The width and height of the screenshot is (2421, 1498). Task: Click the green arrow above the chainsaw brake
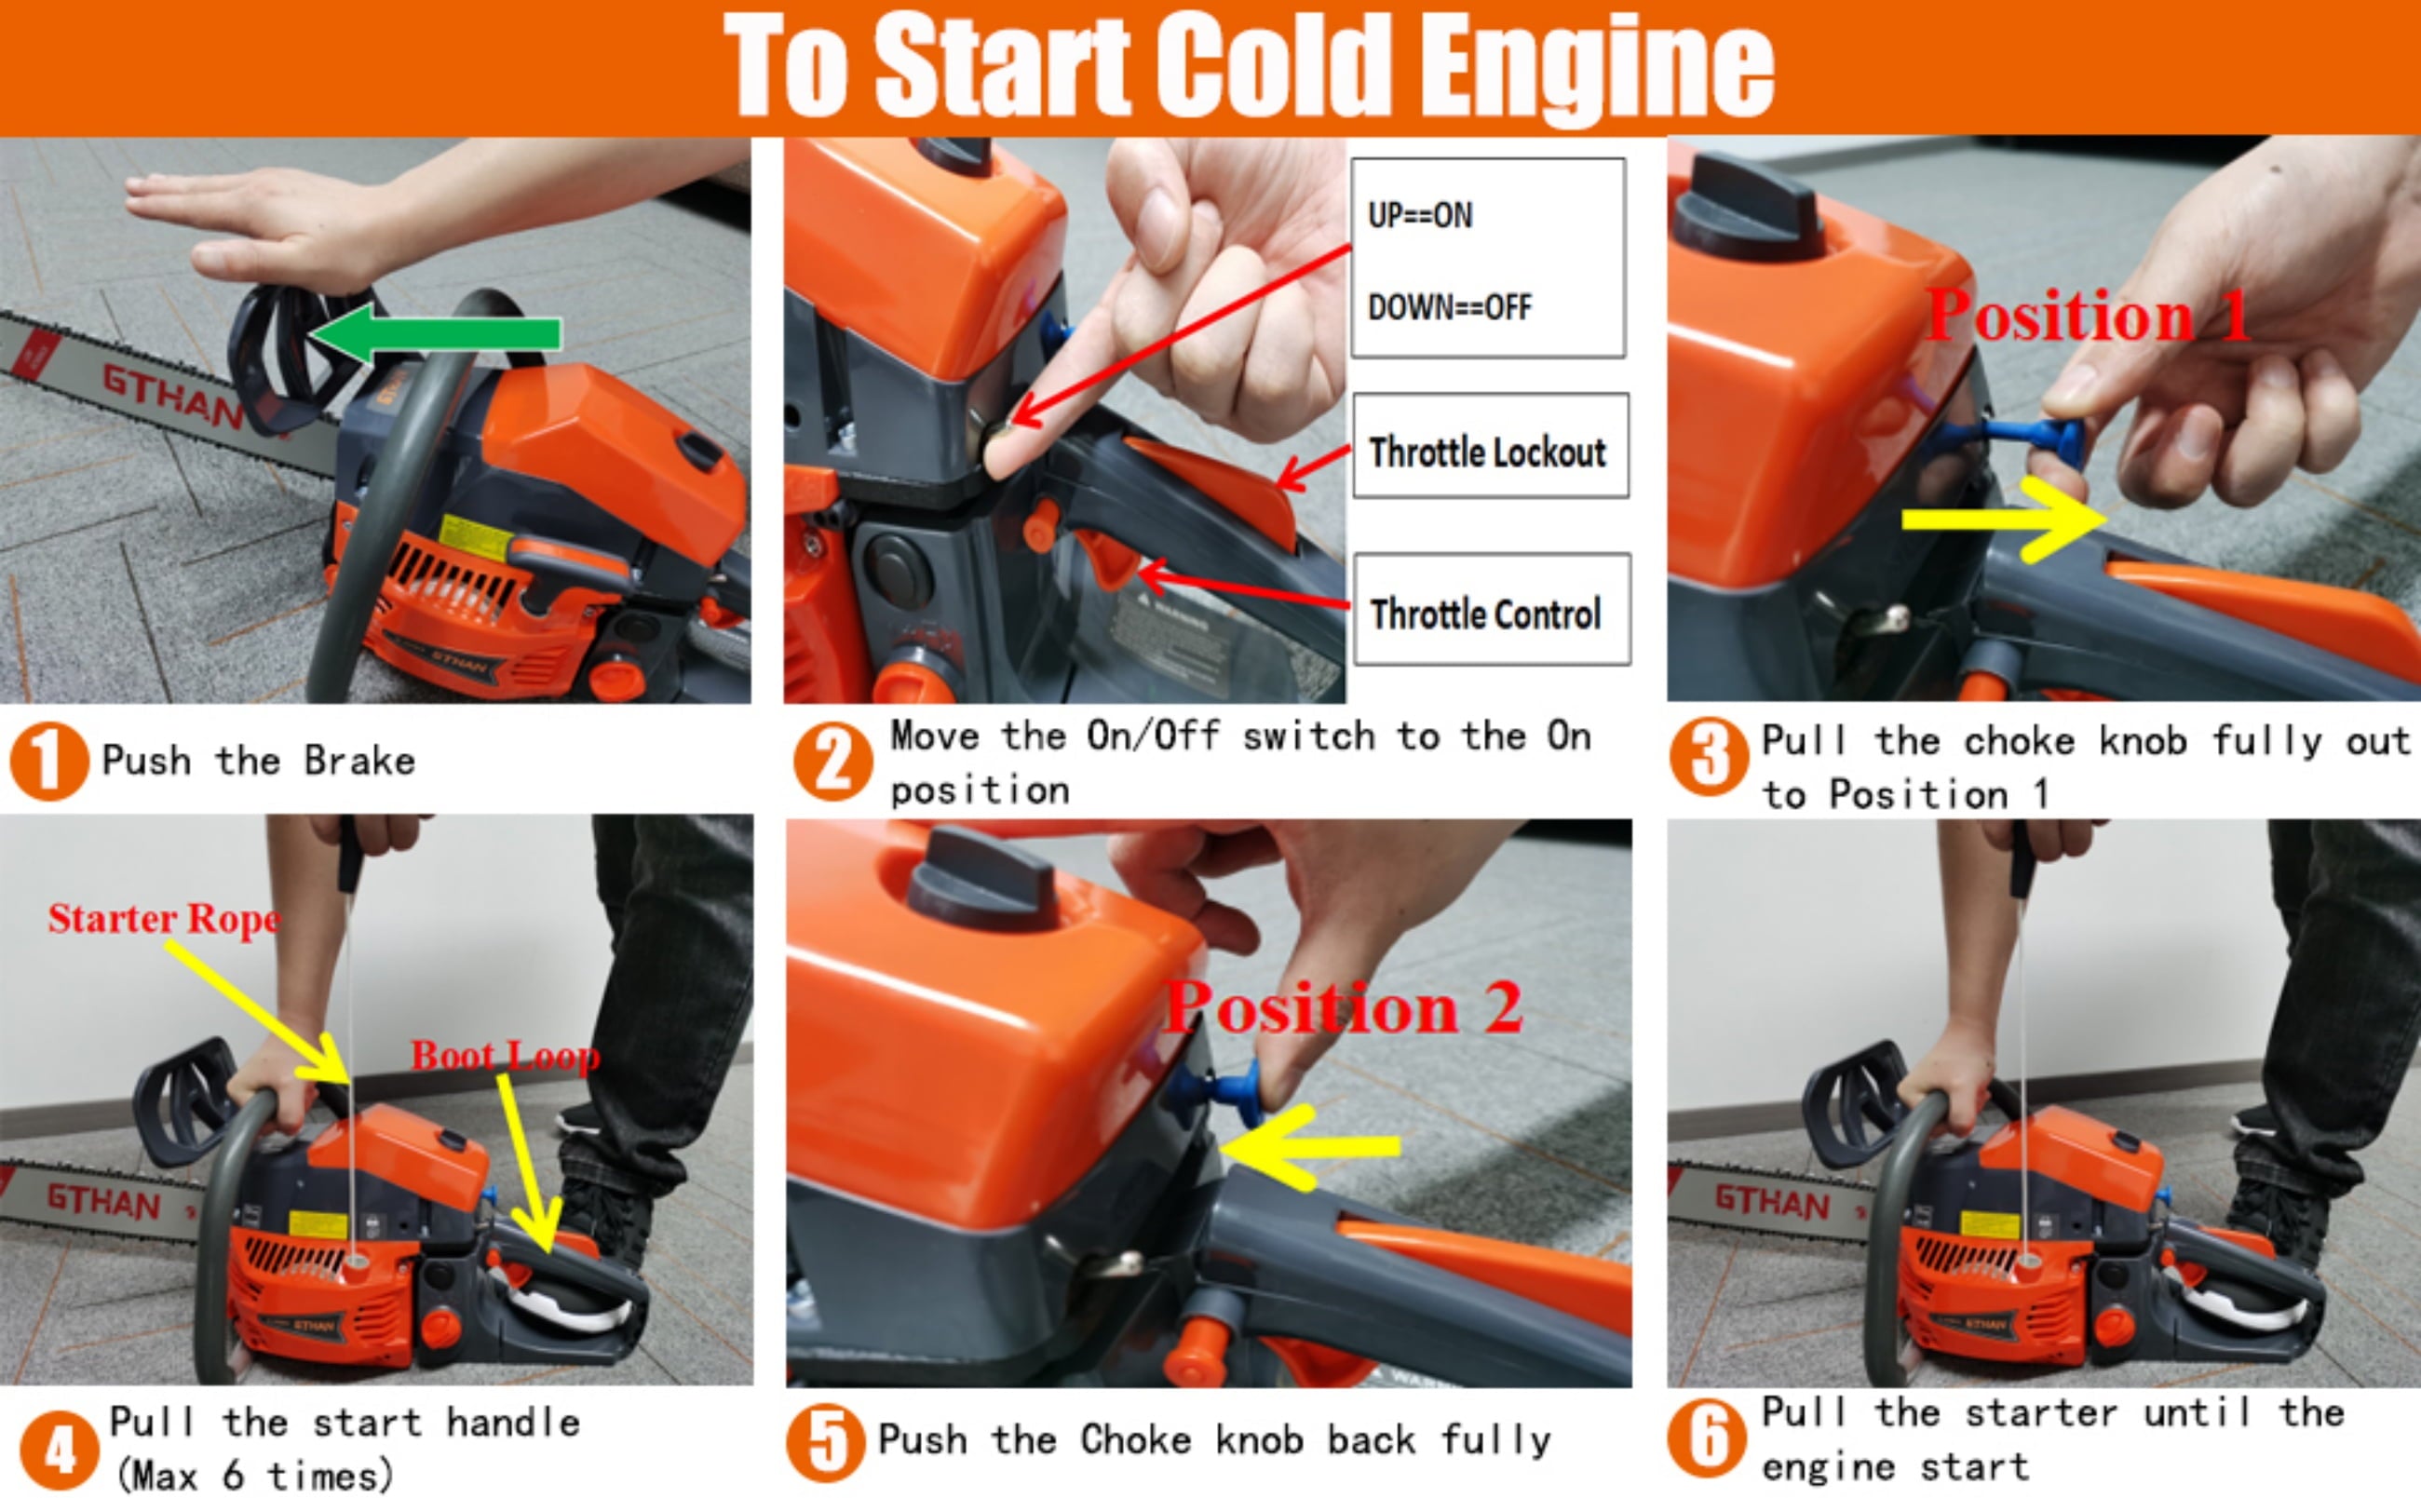[436, 333]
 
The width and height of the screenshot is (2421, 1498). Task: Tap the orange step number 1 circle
[48, 760]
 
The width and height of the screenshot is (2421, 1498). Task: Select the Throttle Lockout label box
[1491, 446]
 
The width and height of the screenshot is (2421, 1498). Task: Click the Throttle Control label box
[1492, 609]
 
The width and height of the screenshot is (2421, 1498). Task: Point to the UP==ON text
[1419, 215]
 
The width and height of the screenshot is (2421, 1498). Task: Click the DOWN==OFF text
[1449, 307]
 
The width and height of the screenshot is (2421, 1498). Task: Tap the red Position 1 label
[2089, 316]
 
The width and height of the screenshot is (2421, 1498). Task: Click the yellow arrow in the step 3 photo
[2004, 520]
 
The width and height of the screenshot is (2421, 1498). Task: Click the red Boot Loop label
[506, 1056]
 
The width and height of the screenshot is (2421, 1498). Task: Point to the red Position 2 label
[1342, 1006]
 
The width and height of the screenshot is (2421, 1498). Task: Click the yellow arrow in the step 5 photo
[1309, 1147]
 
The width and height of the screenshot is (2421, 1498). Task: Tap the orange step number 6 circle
[1708, 1437]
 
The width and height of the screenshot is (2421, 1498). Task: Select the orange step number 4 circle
[60, 1451]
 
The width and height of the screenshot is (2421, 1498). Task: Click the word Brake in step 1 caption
[359, 761]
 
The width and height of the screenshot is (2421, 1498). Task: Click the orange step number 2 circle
[833, 761]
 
